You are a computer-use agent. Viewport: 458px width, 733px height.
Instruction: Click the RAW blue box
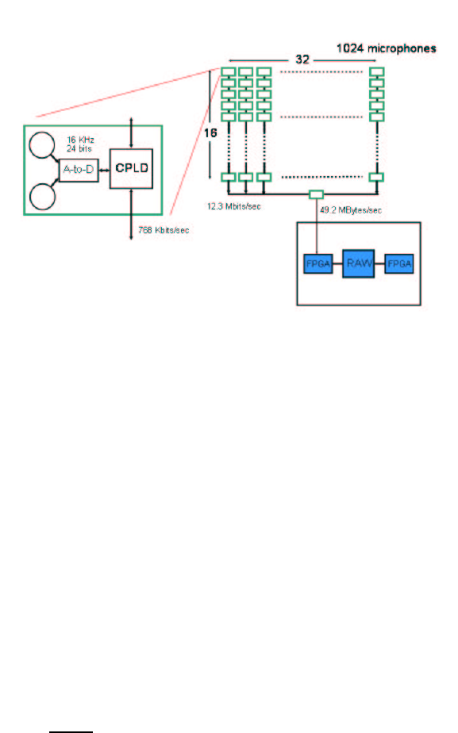click(358, 263)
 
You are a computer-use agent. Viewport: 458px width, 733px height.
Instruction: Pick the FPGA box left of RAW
click(318, 264)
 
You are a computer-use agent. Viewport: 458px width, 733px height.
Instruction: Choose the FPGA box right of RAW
click(399, 264)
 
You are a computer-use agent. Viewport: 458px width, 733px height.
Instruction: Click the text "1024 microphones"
click(387, 48)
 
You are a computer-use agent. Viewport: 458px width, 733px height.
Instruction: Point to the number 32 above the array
click(302, 59)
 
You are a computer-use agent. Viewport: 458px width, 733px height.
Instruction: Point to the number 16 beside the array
click(210, 132)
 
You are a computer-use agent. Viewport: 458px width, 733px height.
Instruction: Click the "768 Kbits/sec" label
click(164, 230)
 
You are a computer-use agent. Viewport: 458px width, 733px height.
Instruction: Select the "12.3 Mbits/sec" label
click(234, 206)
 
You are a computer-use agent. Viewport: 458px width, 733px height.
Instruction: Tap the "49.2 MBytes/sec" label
click(351, 210)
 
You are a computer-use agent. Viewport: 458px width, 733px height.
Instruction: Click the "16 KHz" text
click(80, 140)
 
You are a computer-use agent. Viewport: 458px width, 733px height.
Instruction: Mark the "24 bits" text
click(79, 148)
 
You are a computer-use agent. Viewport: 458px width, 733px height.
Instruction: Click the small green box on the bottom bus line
click(316, 194)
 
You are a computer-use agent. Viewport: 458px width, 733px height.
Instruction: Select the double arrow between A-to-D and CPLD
click(104, 170)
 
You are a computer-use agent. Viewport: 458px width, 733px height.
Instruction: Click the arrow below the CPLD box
click(131, 214)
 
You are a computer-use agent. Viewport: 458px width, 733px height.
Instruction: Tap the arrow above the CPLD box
click(132, 133)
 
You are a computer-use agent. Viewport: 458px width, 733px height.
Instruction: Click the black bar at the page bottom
click(71, 731)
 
